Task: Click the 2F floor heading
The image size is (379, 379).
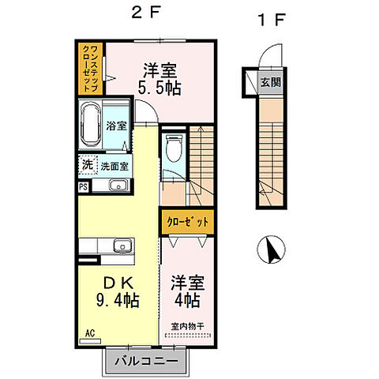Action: point(146,13)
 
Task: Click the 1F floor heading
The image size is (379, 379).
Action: point(272,20)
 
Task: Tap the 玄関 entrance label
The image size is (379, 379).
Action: point(271,82)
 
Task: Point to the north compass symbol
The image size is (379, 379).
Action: point(271,250)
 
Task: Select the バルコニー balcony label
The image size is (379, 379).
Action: point(146,361)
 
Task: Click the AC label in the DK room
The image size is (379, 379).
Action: point(90,333)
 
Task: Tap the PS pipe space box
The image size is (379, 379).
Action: point(84,187)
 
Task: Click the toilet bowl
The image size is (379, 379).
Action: point(174,148)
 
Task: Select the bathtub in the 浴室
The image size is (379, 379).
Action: point(91,126)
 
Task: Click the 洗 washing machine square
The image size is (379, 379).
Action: point(88,165)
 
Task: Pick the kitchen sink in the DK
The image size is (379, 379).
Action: point(122,246)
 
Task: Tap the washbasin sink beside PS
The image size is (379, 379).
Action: point(118,185)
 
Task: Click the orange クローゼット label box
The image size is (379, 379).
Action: point(188,222)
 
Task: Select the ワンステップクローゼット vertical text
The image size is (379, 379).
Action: point(91,69)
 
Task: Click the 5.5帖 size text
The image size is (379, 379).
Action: point(159,88)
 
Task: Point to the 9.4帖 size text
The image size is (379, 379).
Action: point(118,300)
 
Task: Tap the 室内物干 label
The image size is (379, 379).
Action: point(188,326)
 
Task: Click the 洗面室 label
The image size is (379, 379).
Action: point(114,167)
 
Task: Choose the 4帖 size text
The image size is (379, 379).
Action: point(187,300)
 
